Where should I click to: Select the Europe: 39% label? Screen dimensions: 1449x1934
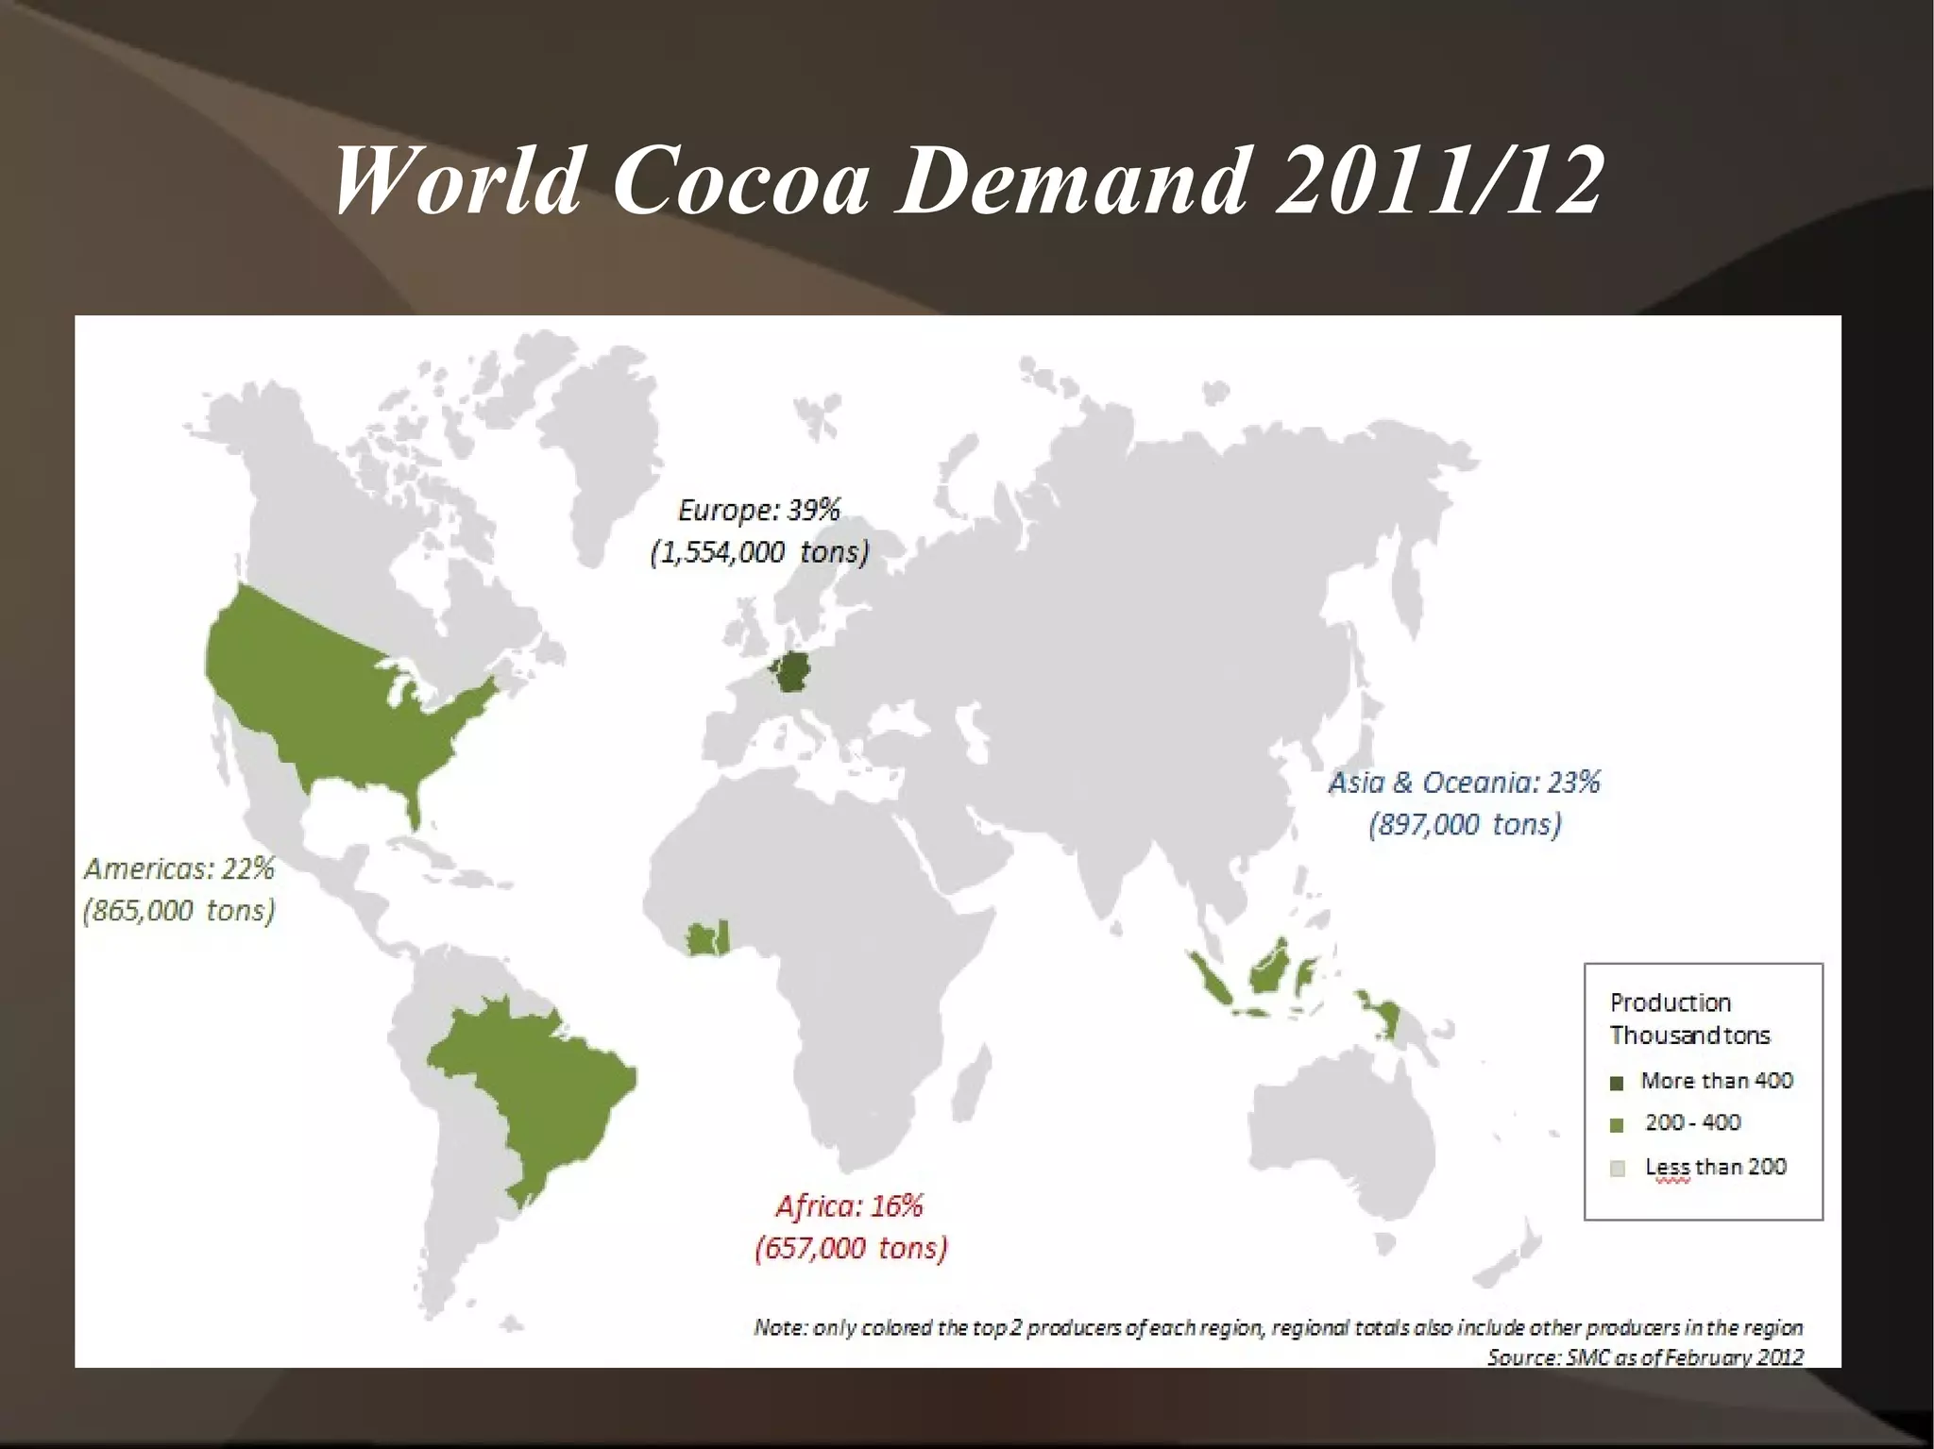(x=758, y=510)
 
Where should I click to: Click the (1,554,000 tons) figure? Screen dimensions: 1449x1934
(x=758, y=552)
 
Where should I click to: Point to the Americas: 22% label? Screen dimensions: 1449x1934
(x=179, y=868)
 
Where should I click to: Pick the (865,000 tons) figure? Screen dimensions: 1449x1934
(x=179, y=911)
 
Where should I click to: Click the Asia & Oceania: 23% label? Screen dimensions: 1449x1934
(x=1464, y=783)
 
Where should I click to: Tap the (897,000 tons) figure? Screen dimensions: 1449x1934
(x=1465, y=825)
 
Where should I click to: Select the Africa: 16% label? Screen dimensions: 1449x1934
(x=849, y=1205)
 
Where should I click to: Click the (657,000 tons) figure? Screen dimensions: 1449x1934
(x=851, y=1248)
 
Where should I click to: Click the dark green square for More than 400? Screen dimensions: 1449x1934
(x=1617, y=1083)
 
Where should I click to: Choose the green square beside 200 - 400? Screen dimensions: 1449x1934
(x=1617, y=1125)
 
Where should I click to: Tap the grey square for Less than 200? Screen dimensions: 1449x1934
(x=1617, y=1169)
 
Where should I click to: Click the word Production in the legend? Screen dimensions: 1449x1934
(x=1670, y=1003)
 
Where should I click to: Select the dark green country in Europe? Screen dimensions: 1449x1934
(x=791, y=671)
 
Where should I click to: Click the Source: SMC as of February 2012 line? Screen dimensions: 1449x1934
(x=1644, y=1356)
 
